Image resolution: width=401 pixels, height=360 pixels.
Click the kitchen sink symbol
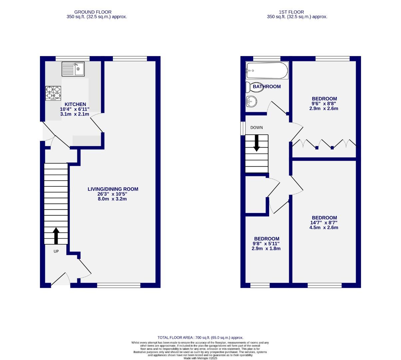pos(73,69)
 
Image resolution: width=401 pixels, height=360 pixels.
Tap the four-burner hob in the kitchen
pos(53,93)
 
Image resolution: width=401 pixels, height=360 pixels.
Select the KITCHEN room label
pos(75,104)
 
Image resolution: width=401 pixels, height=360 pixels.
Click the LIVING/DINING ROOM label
pos(113,189)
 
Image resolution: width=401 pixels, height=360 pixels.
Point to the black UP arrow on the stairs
pos(56,236)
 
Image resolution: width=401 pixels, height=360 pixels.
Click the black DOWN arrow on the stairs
pos(256,143)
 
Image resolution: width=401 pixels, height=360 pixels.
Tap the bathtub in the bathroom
pos(266,70)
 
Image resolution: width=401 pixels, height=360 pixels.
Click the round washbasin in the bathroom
pos(251,101)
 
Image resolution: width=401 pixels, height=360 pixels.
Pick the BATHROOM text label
pos(267,87)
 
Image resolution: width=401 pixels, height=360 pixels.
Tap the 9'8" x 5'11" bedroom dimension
pos(266,244)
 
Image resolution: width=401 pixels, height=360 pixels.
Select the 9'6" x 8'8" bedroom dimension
pos(324,104)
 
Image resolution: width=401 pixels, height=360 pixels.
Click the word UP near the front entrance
pos(56,251)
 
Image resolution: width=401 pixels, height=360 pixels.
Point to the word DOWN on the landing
pos(256,128)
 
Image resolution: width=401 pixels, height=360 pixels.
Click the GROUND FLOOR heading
pos(93,12)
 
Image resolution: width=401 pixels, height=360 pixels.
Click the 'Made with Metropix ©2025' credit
pos(200,358)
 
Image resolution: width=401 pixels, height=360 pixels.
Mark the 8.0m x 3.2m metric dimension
pos(113,199)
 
